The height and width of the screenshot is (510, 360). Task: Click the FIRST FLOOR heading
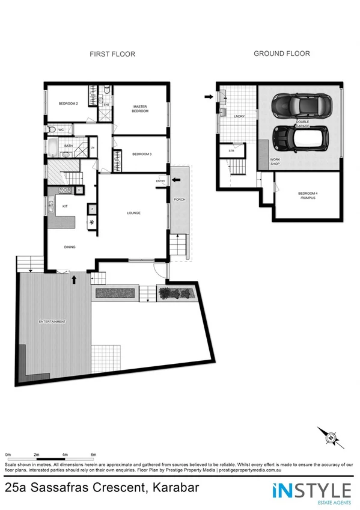coord(112,54)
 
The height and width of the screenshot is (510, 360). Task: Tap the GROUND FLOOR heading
coord(281,54)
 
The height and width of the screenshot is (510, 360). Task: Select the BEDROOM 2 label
coord(69,103)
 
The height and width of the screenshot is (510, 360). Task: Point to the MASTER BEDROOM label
coord(140,109)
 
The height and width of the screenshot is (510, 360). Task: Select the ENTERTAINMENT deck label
coord(52,322)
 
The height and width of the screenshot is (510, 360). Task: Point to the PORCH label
coord(178,200)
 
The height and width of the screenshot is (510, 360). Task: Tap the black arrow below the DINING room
coord(74,279)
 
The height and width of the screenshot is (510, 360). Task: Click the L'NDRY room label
coord(239,117)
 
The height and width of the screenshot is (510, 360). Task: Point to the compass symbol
coord(329,437)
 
